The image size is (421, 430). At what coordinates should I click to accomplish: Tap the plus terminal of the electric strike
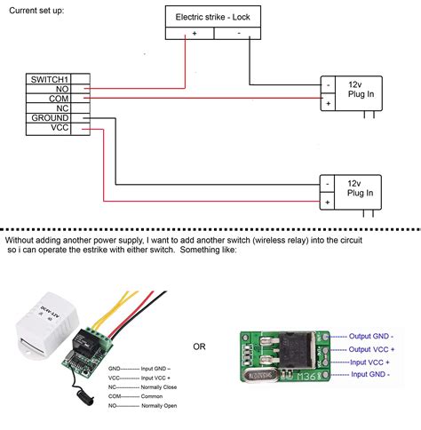194,32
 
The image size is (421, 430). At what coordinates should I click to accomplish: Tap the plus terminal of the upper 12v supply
329,104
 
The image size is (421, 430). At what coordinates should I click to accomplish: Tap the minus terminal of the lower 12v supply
329,185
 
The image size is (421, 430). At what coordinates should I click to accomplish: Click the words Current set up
36,11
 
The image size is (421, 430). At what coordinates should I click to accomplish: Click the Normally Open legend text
159,404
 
